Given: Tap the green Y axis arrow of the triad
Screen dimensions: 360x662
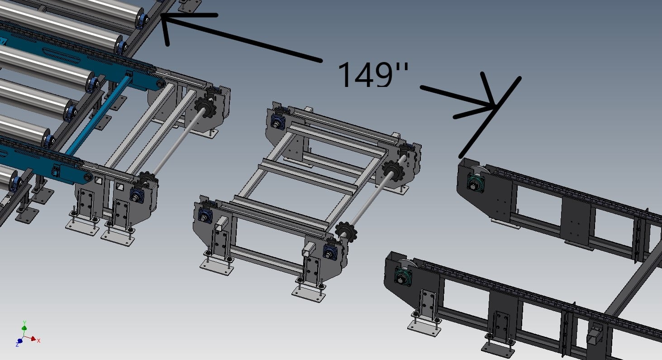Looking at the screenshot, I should pyautogui.click(x=24, y=325).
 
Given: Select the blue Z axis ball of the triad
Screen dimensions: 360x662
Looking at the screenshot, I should pyautogui.click(x=19, y=341).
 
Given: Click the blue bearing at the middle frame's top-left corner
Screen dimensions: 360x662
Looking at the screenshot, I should pyautogui.click(x=276, y=121).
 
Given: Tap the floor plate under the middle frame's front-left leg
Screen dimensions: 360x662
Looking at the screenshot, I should pyautogui.click(x=217, y=267).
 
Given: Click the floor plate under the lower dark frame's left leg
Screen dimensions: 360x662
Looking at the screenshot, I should pyautogui.click(x=424, y=328).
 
